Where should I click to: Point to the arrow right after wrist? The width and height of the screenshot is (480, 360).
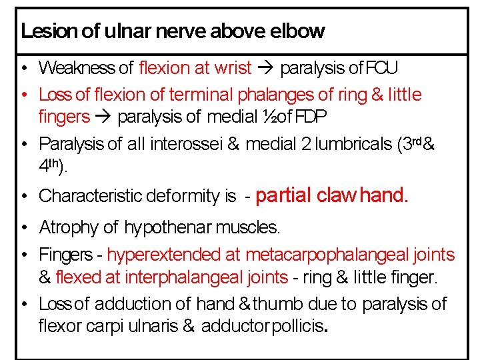[x=266, y=68]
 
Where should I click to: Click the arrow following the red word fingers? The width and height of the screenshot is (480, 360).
[x=103, y=117]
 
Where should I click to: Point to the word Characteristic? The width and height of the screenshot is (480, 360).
[x=84, y=197]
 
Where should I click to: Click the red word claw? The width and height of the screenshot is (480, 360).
[x=336, y=195]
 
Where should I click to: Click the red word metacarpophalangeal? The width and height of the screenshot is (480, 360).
[x=327, y=255]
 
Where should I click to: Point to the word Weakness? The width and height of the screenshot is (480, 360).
[x=77, y=68]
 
